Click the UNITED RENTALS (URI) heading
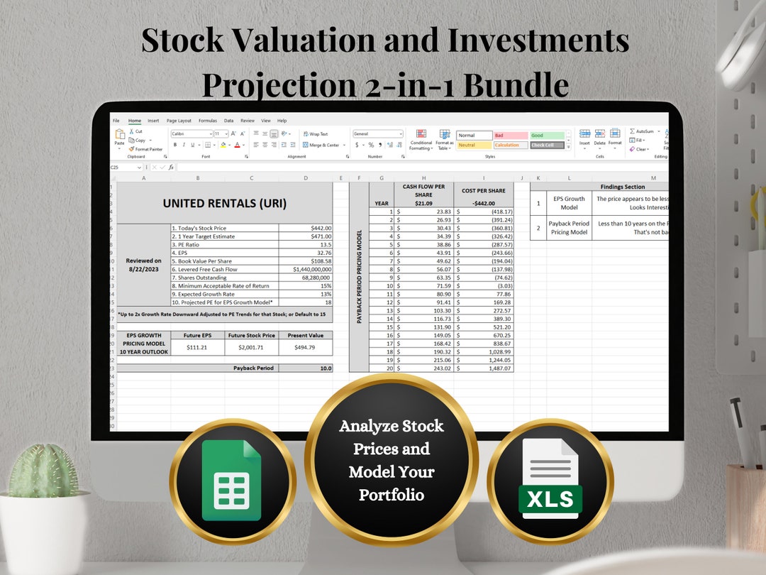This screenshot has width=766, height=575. [x=224, y=203]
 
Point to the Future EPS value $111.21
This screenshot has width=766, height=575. [x=197, y=347]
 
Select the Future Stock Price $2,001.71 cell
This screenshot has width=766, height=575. [x=251, y=347]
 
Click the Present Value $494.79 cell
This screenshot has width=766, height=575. [x=306, y=347]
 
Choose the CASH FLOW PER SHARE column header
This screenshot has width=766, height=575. [x=423, y=190]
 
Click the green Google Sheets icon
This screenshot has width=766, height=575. [x=232, y=481]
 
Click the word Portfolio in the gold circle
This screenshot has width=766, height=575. [x=392, y=495]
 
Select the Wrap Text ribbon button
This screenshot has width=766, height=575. [x=316, y=133]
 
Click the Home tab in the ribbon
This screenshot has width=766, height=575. [x=135, y=121]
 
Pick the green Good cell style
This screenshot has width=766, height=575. [x=546, y=135]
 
